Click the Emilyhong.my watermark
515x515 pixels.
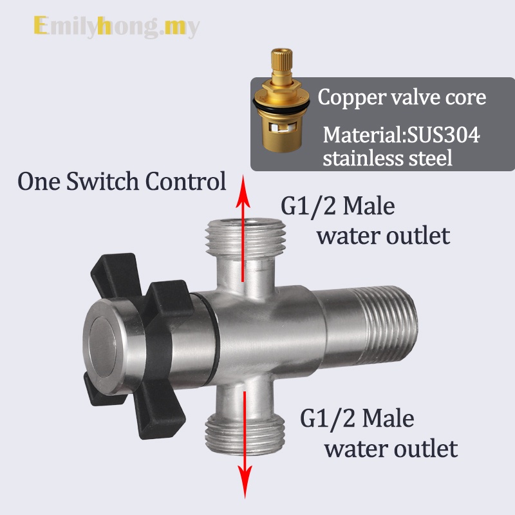click(116, 26)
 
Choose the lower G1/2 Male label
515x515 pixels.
click(357, 419)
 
